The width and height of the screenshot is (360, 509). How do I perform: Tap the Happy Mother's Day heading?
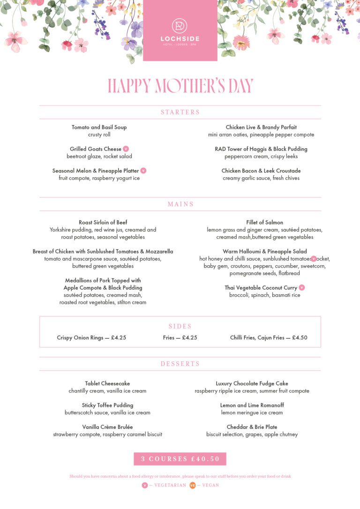pos(180,86)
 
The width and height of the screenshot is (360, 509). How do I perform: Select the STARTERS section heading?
pos(180,112)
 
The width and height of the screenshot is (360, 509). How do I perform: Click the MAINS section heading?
pos(180,204)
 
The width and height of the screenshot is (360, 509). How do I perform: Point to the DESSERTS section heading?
pos(180,364)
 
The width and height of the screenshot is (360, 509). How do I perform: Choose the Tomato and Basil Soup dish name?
pos(99,127)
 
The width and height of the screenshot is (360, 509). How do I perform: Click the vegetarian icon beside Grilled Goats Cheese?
pos(126,149)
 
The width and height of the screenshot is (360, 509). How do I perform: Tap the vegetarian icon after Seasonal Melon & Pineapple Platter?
pos(143,171)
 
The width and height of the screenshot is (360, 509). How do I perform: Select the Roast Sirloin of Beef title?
pos(103,222)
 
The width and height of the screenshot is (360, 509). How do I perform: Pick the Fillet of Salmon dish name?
pos(265,222)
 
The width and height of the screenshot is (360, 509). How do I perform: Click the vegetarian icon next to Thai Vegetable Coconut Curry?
pos(302,287)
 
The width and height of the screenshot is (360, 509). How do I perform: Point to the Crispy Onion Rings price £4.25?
pos(119,337)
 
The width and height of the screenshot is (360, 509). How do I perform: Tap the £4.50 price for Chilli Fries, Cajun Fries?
pos(300,337)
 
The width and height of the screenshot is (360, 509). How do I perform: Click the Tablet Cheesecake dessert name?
pos(107,383)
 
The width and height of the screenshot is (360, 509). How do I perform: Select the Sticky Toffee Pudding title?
pos(107,405)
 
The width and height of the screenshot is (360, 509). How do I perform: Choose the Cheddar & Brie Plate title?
pos(252,427)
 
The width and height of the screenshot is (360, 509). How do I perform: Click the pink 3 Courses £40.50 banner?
pos(180,459)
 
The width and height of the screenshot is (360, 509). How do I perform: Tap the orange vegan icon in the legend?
pos(193,485)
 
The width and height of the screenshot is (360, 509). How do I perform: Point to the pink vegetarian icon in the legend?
pos(145,485)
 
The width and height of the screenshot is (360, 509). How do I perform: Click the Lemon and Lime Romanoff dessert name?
pos(252,405)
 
